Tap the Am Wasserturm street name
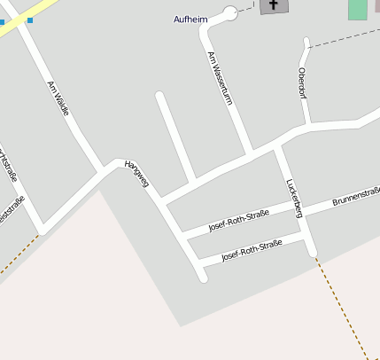coord(220,79)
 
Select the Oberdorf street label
coord(303,83)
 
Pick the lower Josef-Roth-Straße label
coord(252,250)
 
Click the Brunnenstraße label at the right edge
coord(356,196)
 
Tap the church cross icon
coord(274,5)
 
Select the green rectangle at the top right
coord(357,9)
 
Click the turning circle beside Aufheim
coord(231,12)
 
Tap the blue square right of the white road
coord(29,20)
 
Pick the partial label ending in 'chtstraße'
coord(9,165)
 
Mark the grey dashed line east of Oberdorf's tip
coord(345,37)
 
